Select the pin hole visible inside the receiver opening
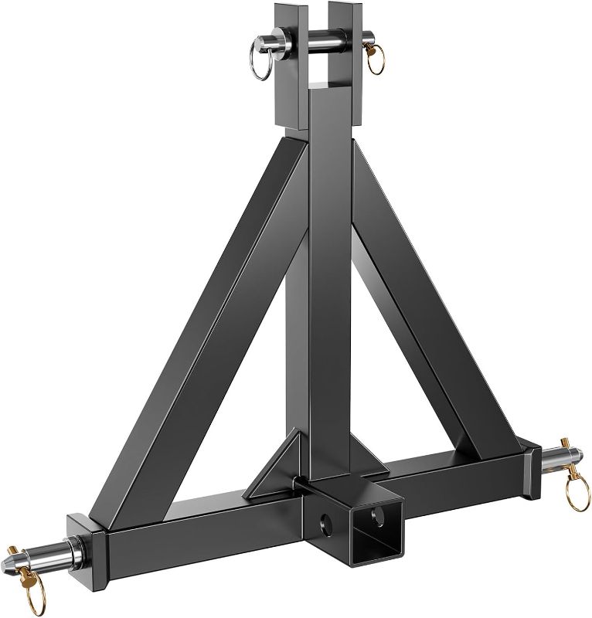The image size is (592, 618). click(380, 514)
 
